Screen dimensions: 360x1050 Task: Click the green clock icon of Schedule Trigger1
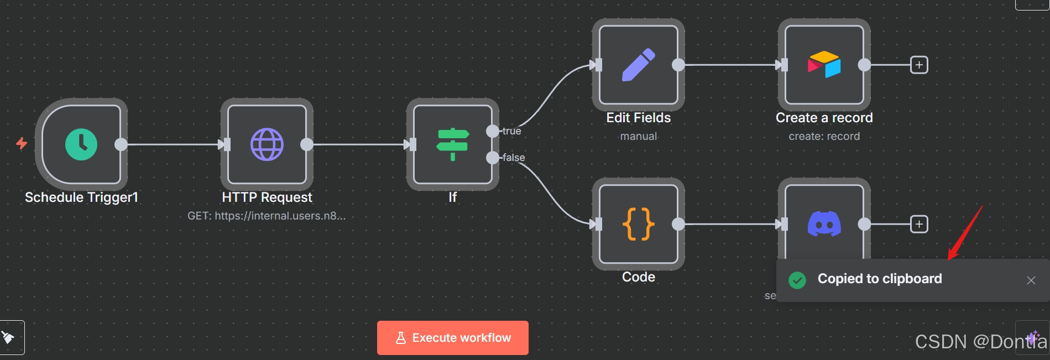pos(81,144)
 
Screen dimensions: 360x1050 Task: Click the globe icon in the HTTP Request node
pos(267,144)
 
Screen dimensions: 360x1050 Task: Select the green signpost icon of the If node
pos(453,144)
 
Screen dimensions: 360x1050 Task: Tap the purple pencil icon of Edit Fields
pos(639,65)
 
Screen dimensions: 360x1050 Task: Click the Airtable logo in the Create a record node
pos(824,65)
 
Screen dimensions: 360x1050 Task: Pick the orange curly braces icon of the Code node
pos(639,224)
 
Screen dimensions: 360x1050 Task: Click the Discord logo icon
pos(824,224)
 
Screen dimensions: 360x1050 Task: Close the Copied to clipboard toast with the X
pos(1031,280)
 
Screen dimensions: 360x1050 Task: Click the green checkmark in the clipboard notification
pos(797,280)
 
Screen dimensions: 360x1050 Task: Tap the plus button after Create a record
pos(919,65)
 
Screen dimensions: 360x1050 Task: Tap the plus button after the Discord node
pos(919,224)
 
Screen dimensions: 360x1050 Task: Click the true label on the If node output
pos(511,131)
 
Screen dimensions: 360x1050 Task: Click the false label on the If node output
pos(514,158)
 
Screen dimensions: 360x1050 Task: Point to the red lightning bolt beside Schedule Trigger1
pos(22,144)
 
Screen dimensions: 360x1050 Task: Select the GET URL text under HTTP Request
pos(267,216)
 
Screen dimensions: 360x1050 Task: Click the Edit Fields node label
pos(638,118)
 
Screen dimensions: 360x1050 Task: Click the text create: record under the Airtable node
pos(824,136)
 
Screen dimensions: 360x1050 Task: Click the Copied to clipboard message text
pos(879,279)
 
